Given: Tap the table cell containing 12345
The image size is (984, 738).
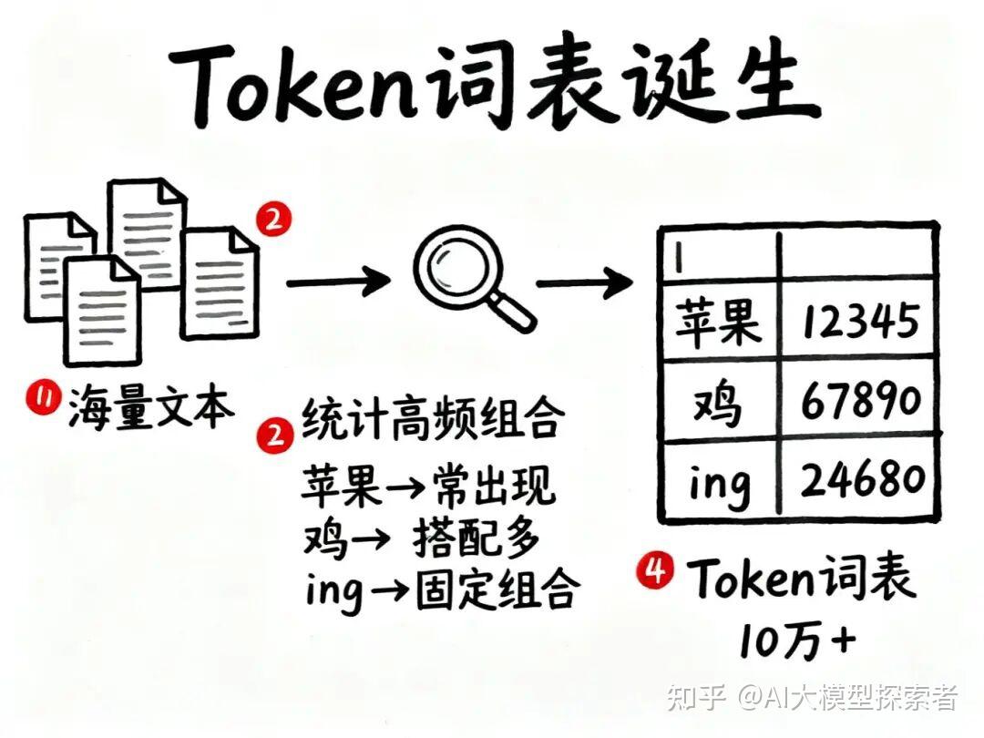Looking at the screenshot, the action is point(860,320).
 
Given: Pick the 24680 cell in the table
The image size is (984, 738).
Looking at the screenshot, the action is point(860,479).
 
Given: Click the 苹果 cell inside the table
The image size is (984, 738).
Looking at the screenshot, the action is point(718,320).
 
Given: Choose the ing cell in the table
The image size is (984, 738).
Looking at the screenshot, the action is point(718,481).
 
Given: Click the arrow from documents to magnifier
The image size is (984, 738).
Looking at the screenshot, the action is point(337,282).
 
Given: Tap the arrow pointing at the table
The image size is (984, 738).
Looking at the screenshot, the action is point(583,282).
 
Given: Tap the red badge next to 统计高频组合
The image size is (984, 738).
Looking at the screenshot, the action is point(272,436).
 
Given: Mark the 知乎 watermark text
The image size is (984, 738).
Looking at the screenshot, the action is point(695,698).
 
